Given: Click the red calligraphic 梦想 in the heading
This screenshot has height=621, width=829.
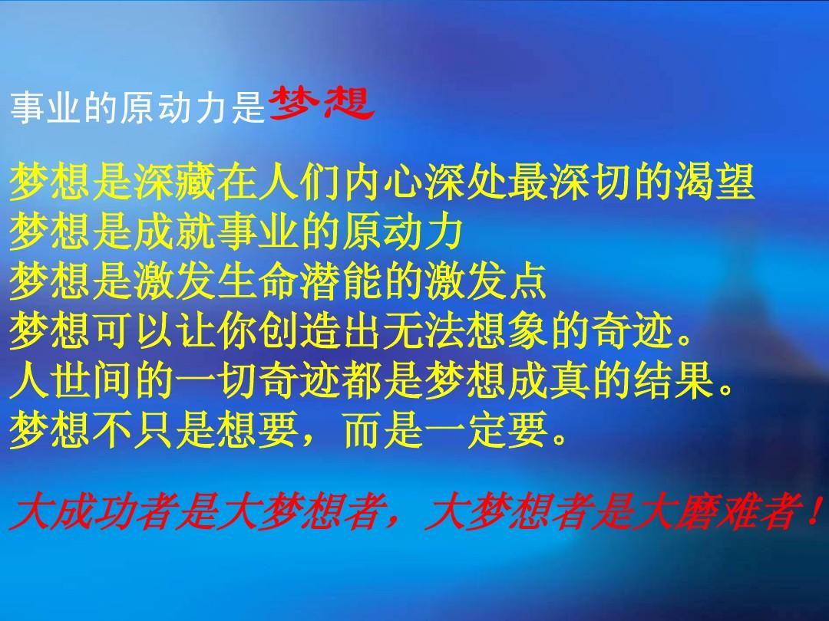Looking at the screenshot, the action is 322,104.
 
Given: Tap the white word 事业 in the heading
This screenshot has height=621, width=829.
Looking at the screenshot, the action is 45,107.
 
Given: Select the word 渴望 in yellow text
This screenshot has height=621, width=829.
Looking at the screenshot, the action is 715,182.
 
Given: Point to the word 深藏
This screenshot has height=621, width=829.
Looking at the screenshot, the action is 174,182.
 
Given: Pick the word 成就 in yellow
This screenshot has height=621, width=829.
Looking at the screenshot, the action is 174,232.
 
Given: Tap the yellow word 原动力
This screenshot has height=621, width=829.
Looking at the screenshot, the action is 403,232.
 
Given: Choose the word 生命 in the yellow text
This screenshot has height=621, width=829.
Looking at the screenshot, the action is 257,281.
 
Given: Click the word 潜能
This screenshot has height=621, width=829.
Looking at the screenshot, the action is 341,281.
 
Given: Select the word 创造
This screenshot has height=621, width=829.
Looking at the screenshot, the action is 299,331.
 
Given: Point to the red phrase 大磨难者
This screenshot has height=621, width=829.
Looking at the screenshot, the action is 717,511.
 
